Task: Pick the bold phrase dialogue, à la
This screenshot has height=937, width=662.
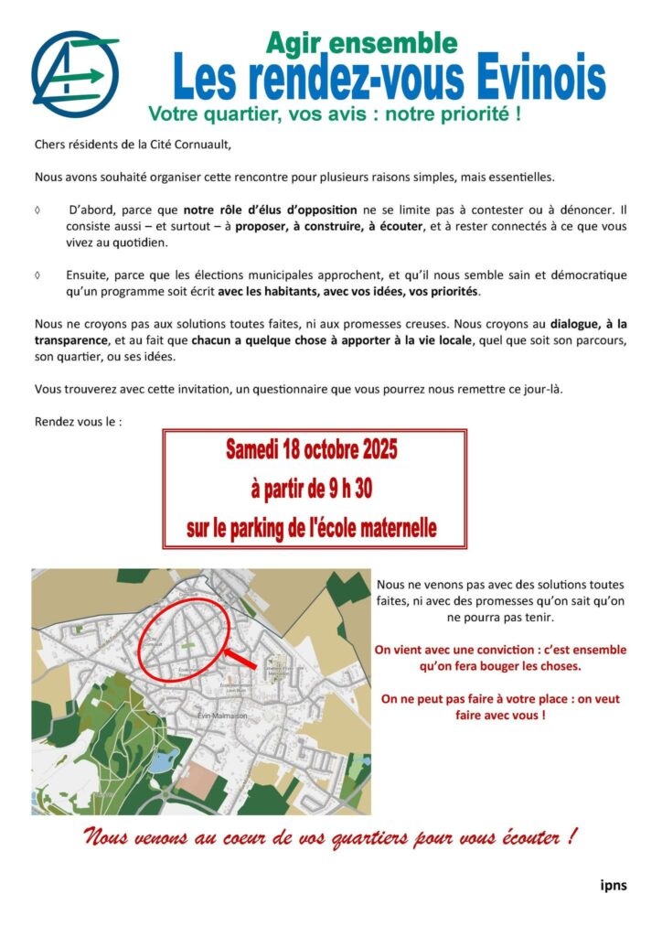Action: (x=588, y=324)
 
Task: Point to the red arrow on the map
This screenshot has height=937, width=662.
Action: (x=240, y=658)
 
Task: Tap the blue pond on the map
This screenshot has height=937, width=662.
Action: (x=164, y=761)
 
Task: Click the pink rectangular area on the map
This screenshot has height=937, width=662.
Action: (x=206, y=779)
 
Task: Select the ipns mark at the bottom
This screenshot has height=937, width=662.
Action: (x=613, y=885)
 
